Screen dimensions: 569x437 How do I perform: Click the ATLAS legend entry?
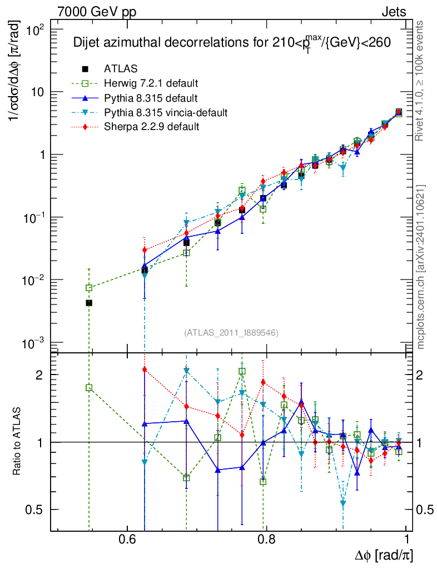pos(120,69)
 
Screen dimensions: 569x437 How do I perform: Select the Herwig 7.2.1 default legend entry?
pos(151,84)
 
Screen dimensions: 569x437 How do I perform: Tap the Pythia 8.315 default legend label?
pos(150,98)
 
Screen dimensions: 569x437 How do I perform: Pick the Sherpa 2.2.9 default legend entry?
pos(151,127)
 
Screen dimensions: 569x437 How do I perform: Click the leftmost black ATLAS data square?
pos(89,303)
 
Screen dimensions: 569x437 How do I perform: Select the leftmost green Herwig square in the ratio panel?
pos(89,388)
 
